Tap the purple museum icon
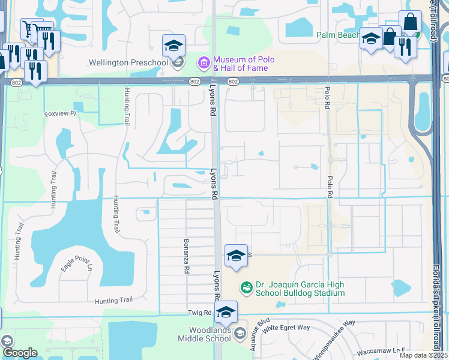tap(203, 62)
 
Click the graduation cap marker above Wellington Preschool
tap(173, 45)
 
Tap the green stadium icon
tap(246, 289)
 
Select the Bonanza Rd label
tap(186, 256)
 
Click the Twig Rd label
tap(200, 313)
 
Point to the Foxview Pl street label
tap(61, 113)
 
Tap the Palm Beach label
tap(338, 35)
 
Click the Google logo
tap(20, 352)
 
